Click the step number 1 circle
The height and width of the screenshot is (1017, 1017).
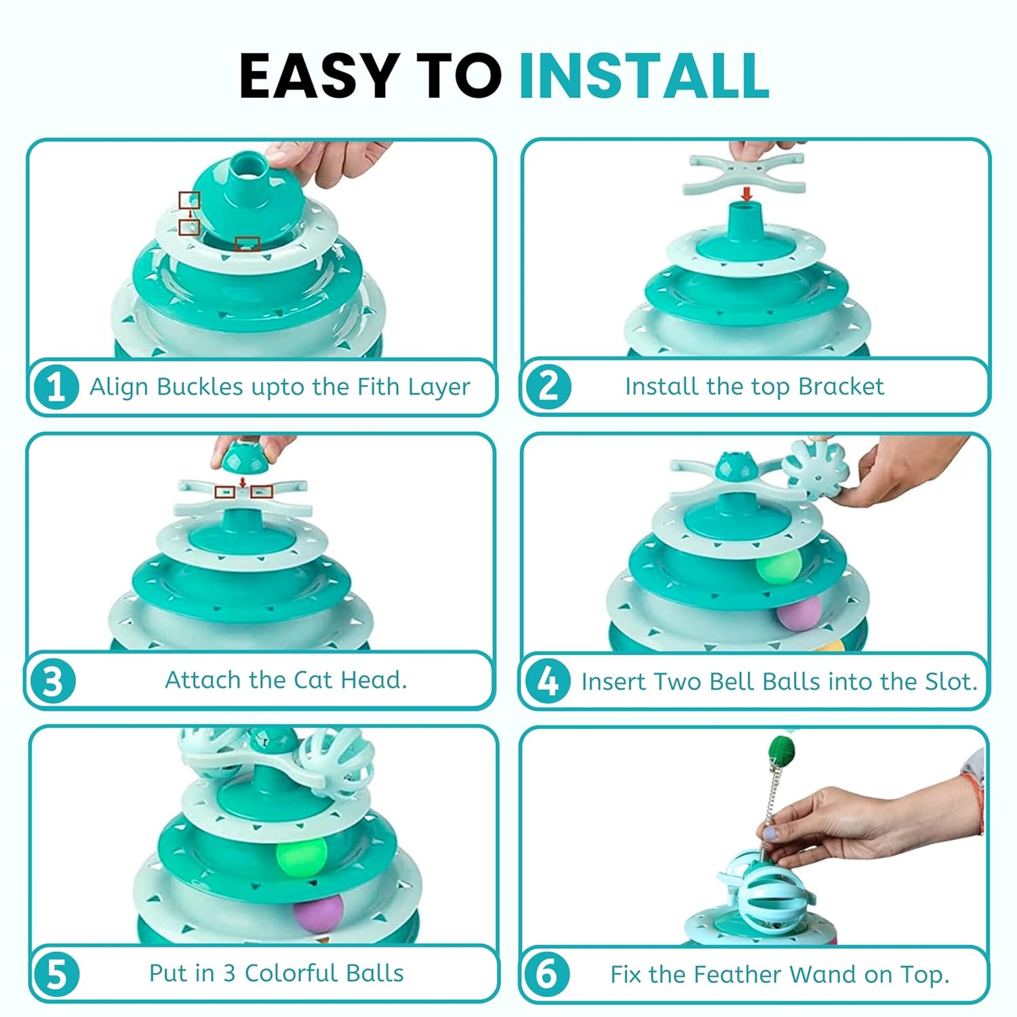pyautogui.click(x=56, y=387)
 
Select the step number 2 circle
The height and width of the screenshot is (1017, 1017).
pyautogui.click(x=549, y=386)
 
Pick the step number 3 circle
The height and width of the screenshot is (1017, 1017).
pyautogui.click(x=53, y=681)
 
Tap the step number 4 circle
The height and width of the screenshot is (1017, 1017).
pyautogui.click(x=548, y=681)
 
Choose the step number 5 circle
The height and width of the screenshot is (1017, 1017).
pyautogui.click(x=57, y=974)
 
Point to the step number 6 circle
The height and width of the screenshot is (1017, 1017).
pyautogui.click(x=546, y=974)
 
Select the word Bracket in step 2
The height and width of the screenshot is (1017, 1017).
pyautogui.click(x=841, y=386)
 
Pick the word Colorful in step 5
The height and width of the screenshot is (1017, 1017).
pyautogui.click(x=291, y=973)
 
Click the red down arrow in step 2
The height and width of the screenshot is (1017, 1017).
pyautogui.click(x=746, y=194)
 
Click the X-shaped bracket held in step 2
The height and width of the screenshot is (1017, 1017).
pyautogui.click(x=746, y=174)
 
